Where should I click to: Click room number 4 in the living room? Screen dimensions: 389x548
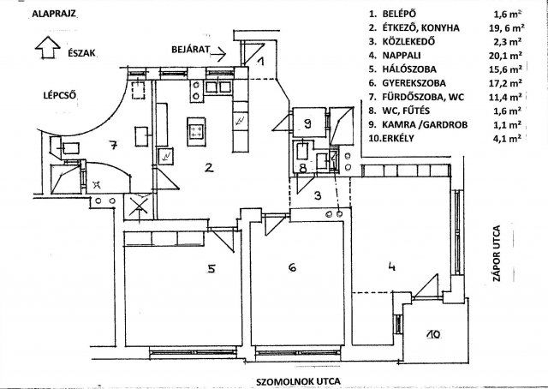(391, 266)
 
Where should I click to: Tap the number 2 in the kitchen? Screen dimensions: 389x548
(208, 167)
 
